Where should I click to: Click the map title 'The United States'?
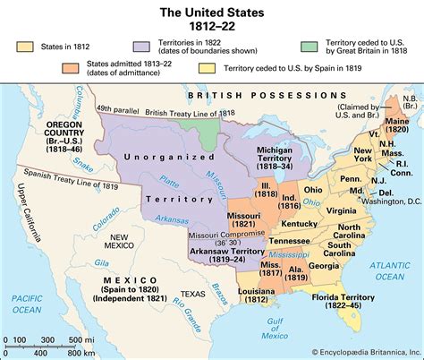(211, 11)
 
